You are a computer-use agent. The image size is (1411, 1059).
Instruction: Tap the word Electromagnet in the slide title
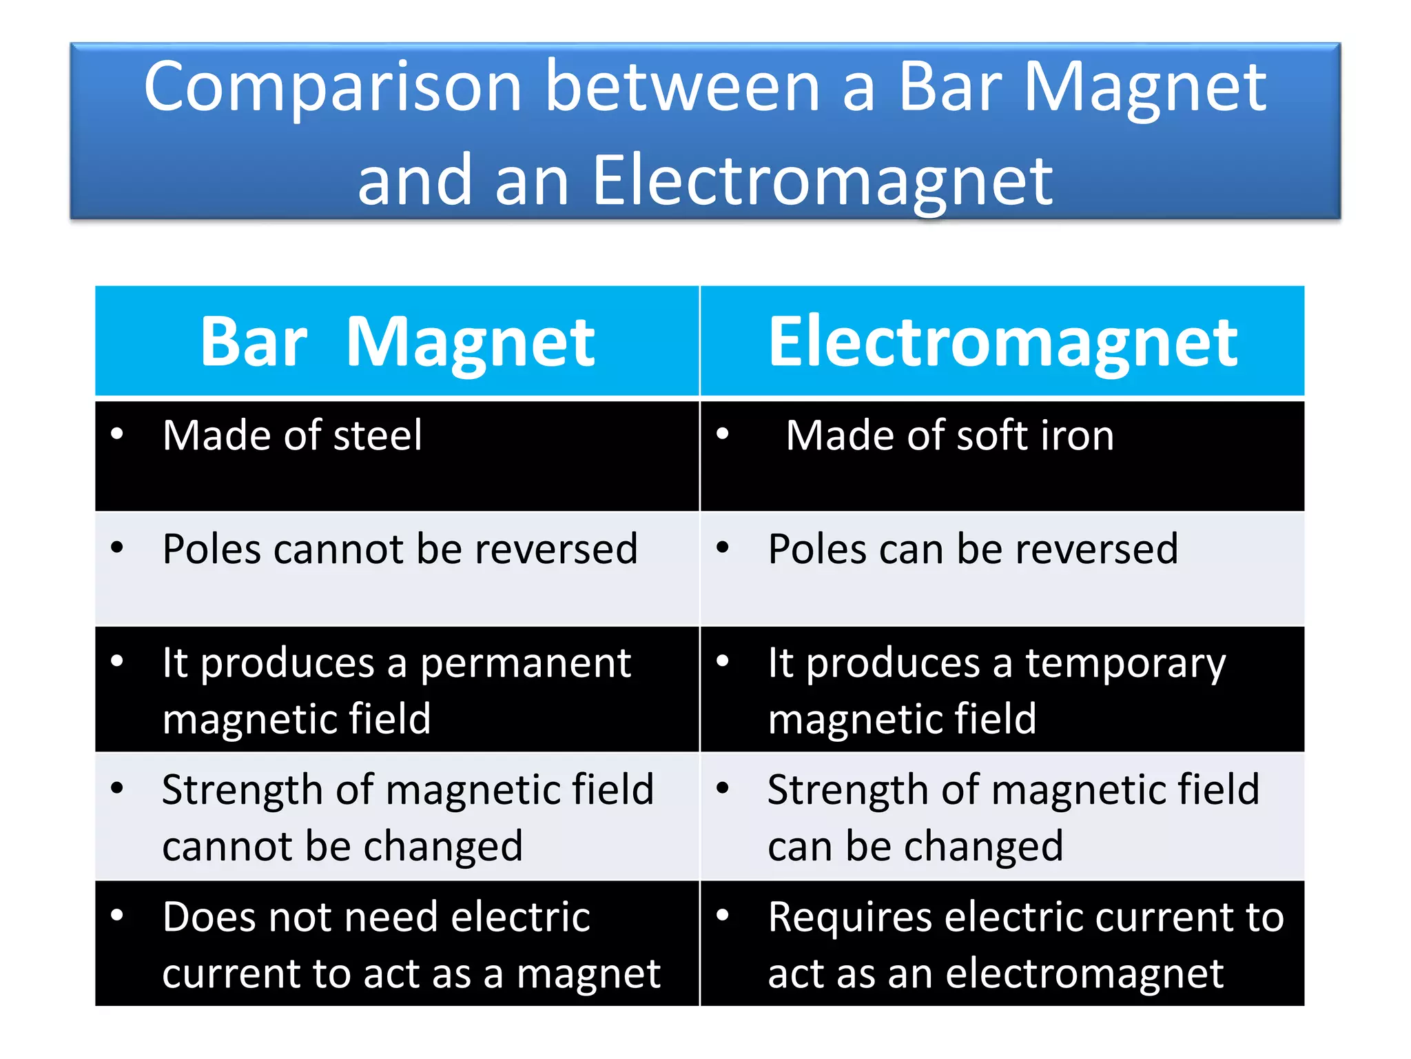pos(822,181)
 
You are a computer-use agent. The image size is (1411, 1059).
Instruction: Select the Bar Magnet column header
pos(398,341)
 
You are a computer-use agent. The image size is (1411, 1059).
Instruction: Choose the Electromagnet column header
pos(1002,341)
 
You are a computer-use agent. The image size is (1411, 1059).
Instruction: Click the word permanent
pos(526,664)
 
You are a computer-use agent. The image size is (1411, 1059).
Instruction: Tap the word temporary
pos(1126,664)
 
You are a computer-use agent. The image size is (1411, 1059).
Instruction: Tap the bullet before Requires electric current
pos(722,916)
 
